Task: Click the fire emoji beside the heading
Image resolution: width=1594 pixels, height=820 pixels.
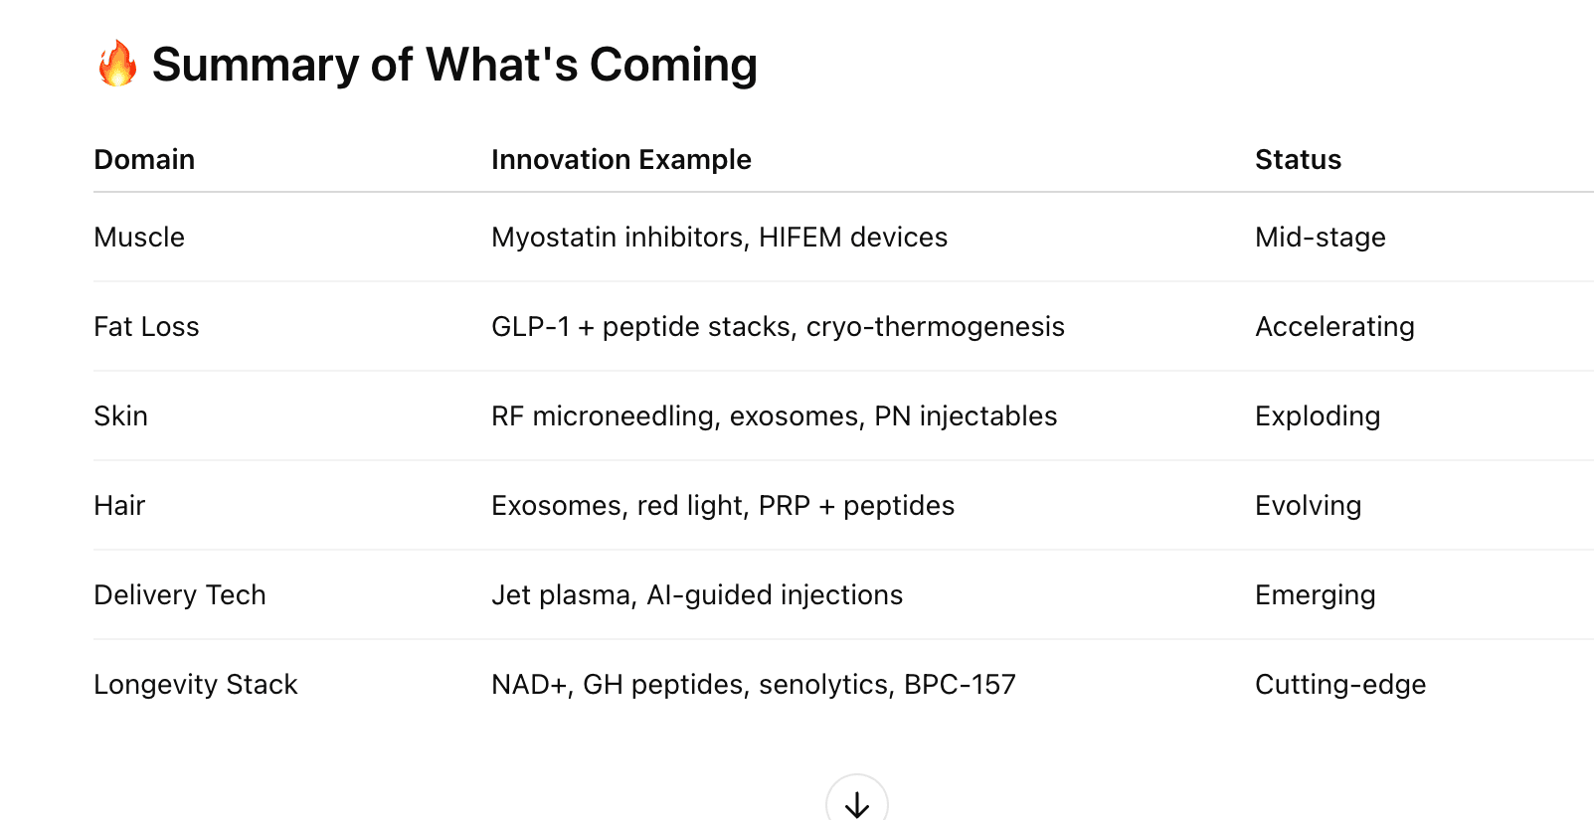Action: (x=117, y=64)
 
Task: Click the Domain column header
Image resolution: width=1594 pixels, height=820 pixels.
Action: (x=144, y=159)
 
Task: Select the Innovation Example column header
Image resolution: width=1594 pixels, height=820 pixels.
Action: (x=621, y=159)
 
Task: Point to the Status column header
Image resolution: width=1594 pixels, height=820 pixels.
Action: (x=1298, y=159)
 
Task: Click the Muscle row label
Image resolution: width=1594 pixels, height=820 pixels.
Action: (x=139, y=237)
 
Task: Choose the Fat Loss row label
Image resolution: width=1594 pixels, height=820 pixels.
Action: (x=146, y=326)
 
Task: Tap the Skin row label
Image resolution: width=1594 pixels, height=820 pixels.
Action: (x=121, y=416)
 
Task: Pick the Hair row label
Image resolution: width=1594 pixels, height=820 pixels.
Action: (x=119, y=506)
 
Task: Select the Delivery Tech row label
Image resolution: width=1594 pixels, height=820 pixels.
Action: (x=180, y=594)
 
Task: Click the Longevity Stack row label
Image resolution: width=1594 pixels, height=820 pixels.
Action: (x=196, y=684)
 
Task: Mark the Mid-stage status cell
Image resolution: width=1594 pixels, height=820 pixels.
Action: (x=1321, y=237)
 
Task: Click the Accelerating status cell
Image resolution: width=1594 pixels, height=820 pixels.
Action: (x=1335, y=326)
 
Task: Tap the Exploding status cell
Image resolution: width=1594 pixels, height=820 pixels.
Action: (x=1318, y=416)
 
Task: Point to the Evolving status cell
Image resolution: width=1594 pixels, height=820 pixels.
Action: (x=1309, y=506)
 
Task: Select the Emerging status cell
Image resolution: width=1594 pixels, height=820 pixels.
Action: (x=1316, y=594)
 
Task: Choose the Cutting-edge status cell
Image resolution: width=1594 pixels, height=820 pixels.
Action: (x=1340, y=684)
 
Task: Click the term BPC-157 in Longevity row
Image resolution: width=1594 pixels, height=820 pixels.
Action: (x=960, y=684)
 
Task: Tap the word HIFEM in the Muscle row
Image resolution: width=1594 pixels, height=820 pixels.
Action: (x=800, y=237)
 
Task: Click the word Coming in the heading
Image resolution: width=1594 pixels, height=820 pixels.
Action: (x=673, y=65)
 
